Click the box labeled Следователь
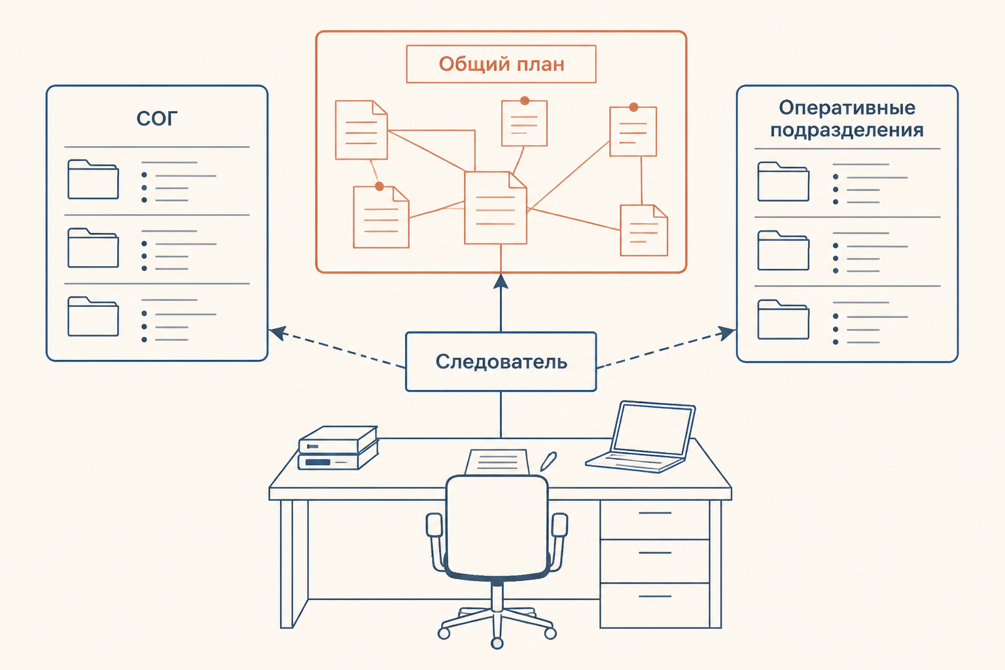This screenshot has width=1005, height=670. click(x=501, y=362)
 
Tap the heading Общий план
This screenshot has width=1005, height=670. click(x=501, y=64)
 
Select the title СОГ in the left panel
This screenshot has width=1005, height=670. click(x=157, y=119)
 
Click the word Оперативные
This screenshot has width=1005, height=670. click(x=847, y=108)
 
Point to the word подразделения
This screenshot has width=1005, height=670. click(x=847, y=131)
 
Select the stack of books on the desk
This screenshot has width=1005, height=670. click(x=338, y=448)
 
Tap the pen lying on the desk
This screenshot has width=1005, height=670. click(x=548, y=461)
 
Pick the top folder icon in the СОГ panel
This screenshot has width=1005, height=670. click(x=93, y=179)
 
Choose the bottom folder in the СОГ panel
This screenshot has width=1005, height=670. click(x=93, y=317)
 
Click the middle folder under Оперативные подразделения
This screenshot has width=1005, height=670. click(x=783, y=251)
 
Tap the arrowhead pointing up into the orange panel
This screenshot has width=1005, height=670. click(x=501, y=281)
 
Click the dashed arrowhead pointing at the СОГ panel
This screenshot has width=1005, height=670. click(x=277, y=332)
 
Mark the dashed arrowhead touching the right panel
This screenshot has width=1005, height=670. click(x=726, y=333)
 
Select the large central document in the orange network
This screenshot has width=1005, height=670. click(x=495, y=208)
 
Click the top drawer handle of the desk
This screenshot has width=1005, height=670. click(x=654, y=513)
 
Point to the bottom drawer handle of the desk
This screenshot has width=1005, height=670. click(x=654, y=597)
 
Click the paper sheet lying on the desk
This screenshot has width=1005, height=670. click(x=497, y=462)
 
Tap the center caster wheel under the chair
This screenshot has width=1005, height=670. click(x=497, y=643)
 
